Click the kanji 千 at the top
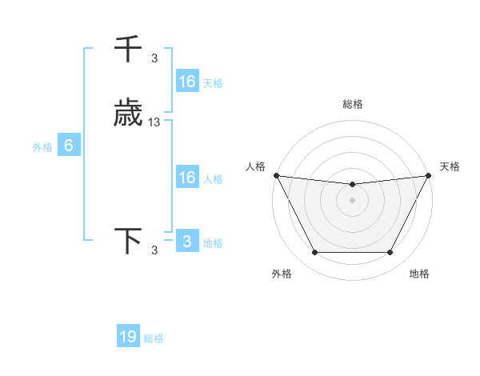pos(128,50)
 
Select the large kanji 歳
pos(128,114)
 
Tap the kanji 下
pos(128,242)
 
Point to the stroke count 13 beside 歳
pos(154,122)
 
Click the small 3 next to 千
pos(154,58)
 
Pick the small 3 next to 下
pos(154,250)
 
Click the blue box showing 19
pos(128,337)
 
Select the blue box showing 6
pos(69,146)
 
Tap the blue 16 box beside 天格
pos(187,82)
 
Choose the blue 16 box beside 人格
pos(187,178)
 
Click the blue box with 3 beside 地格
pos(187,242)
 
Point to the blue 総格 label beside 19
pos(154,338)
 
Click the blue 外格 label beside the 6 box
pos(42,147)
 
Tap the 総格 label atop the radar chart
pos(353,104)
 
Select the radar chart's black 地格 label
pos(419,274)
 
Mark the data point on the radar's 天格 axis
pos(430,175)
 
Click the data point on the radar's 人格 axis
pos(276,175)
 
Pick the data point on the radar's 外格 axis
pos(315,253)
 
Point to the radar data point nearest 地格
pos(390,253)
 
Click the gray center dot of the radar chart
pos(353,201)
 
